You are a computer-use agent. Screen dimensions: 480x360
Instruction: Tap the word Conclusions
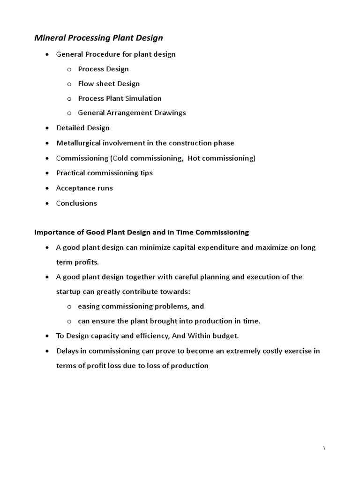pos(76,203)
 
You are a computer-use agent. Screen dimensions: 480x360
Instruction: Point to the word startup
pos(69,292)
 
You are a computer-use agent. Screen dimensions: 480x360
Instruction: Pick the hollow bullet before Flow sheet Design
pos(69,84)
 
